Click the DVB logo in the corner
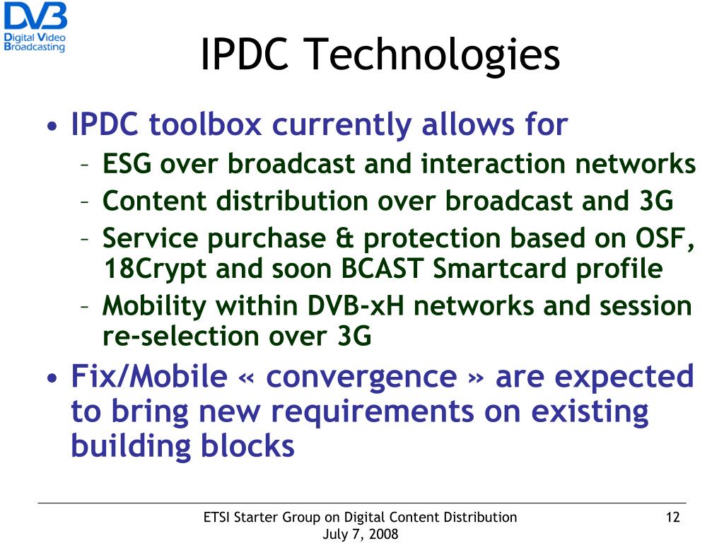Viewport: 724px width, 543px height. click(35, 27)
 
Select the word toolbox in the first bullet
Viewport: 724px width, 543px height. click(205, 125)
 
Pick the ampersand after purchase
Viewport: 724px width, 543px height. click(344, 239)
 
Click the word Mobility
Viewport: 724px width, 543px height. click(155, 306)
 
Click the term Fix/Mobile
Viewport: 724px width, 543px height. click(148, 376)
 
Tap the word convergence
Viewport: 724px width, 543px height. click(361, 376)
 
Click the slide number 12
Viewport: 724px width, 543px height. click(672, 517)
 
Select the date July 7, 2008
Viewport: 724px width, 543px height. click(360, 534)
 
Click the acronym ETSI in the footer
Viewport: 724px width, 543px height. click(216, 517)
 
